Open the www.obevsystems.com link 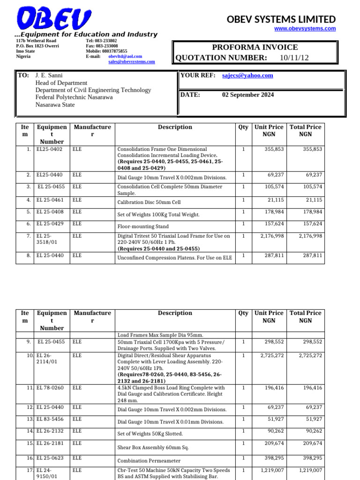point(305,29)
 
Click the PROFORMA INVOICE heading point(255,47)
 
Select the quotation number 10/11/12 point(294,58)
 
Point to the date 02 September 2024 point(248,95)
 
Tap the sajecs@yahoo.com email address point(247,75)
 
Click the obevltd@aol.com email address point(125,56)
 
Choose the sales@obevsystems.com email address point(131,61)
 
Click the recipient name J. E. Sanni point(49,75)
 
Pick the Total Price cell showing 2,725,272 point(306,356)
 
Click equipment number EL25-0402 point(49,149)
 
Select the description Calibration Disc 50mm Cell point(149,202)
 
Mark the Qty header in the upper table point(243,127)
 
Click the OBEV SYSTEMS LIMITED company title point(281,19)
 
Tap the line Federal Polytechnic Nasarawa point(74,97)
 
